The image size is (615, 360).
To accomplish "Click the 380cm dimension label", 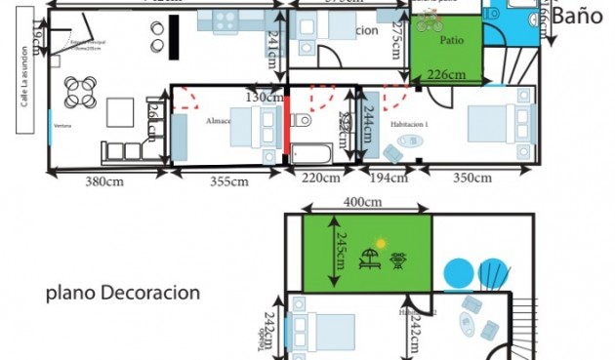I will coord(102,180).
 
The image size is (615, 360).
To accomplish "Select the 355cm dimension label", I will coord(228,180).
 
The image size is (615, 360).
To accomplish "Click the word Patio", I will coord(451,42).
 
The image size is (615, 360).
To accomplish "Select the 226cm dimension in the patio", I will coord(447,75).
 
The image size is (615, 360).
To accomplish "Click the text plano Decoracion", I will coord(123,292).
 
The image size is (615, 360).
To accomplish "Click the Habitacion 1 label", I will coord(410,124).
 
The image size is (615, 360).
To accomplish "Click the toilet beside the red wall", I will coord(301,121).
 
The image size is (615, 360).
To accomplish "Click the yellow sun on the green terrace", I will coord(382,242).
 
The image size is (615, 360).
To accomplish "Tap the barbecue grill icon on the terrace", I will coord(397,260).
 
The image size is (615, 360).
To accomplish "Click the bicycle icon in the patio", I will coord(429,21).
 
